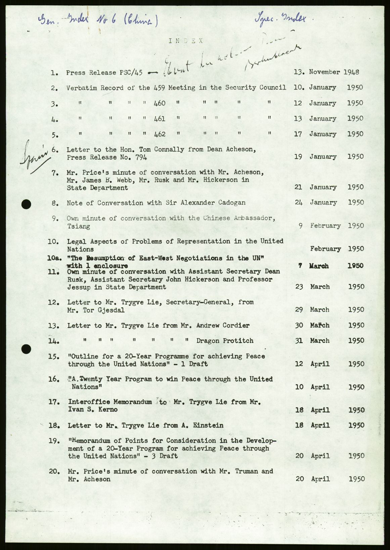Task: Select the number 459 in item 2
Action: click(160, 88)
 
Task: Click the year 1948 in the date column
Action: click(351, 72)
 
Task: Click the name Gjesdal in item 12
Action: click(111, 310)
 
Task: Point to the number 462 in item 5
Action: click(160, 134)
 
